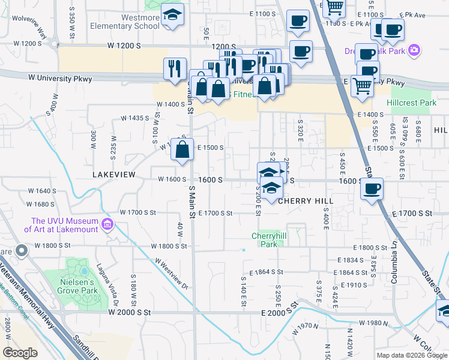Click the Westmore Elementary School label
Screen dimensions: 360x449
point(125,22)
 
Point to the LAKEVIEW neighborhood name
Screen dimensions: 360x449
point(112,174)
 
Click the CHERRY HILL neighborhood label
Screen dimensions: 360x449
point(305,201)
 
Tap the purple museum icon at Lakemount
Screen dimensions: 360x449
point(108,225)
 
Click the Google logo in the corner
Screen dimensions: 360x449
point(20,353)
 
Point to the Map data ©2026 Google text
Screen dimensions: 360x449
point(411,355)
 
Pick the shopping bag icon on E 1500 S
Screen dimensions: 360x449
point(182,150)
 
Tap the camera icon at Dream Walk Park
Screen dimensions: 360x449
point(414,50)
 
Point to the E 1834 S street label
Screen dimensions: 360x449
point(351,260)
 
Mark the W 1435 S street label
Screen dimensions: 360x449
point(134,118)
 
